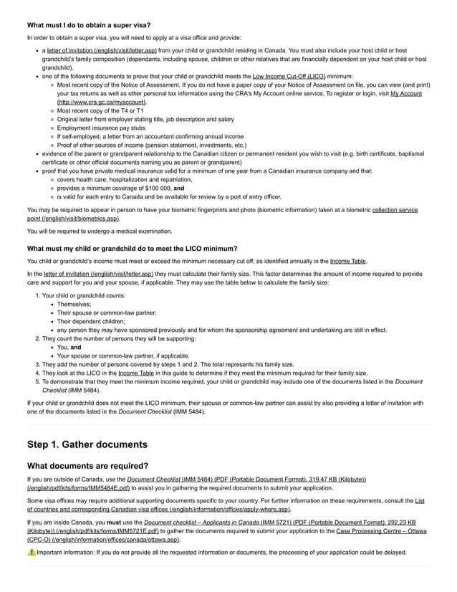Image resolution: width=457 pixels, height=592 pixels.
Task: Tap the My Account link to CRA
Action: (405, 93)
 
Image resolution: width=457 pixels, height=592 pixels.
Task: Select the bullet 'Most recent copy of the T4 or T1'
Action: (100, 110)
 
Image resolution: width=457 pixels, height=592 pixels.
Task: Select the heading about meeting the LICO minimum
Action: (122, 248)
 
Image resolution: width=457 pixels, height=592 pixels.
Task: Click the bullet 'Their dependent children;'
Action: (89, 321)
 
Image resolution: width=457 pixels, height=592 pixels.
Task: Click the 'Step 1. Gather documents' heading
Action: (87, 444)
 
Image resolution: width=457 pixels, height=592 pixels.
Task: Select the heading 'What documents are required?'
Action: (87, 466)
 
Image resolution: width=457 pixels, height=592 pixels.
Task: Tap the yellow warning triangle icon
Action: (32, 553)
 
